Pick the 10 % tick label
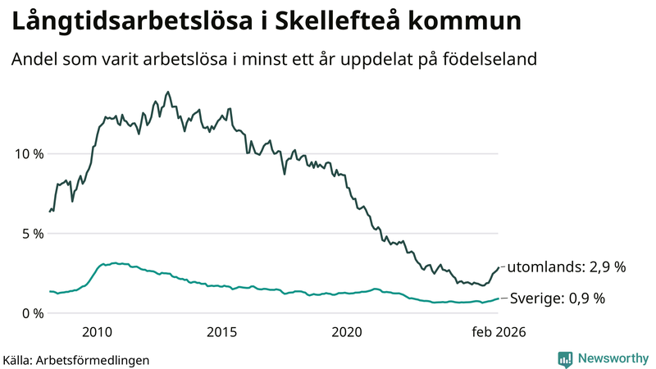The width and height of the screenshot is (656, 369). pos(27,153)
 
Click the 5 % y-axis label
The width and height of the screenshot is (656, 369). pos(31,233)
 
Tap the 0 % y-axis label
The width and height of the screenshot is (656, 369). pos(31,313)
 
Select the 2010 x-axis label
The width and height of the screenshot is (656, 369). pos(97,332)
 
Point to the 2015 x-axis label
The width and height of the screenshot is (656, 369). pos(221,332)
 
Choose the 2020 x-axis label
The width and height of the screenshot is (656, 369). pos(346,332)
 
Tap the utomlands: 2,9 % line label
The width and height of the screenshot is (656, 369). pos(567,267)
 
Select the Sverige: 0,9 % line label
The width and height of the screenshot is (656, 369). pos(557,298)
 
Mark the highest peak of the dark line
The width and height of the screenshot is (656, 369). pos(168,92)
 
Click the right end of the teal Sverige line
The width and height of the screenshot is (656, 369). pos(498,298)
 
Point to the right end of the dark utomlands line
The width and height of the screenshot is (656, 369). pos(498,267)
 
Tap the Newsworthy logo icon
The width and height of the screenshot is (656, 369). pos(565,358)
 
